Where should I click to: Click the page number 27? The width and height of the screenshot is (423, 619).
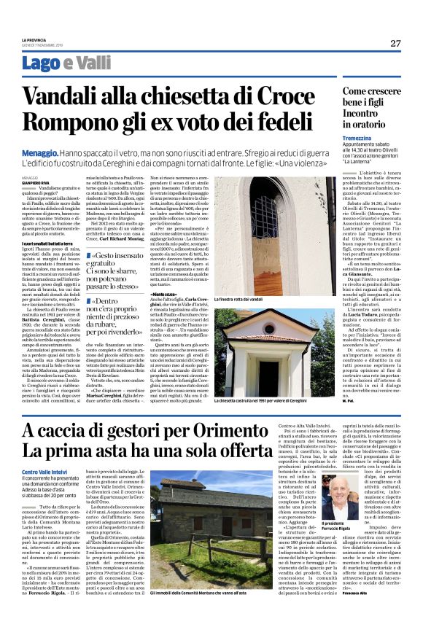click(x=395, y=43)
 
